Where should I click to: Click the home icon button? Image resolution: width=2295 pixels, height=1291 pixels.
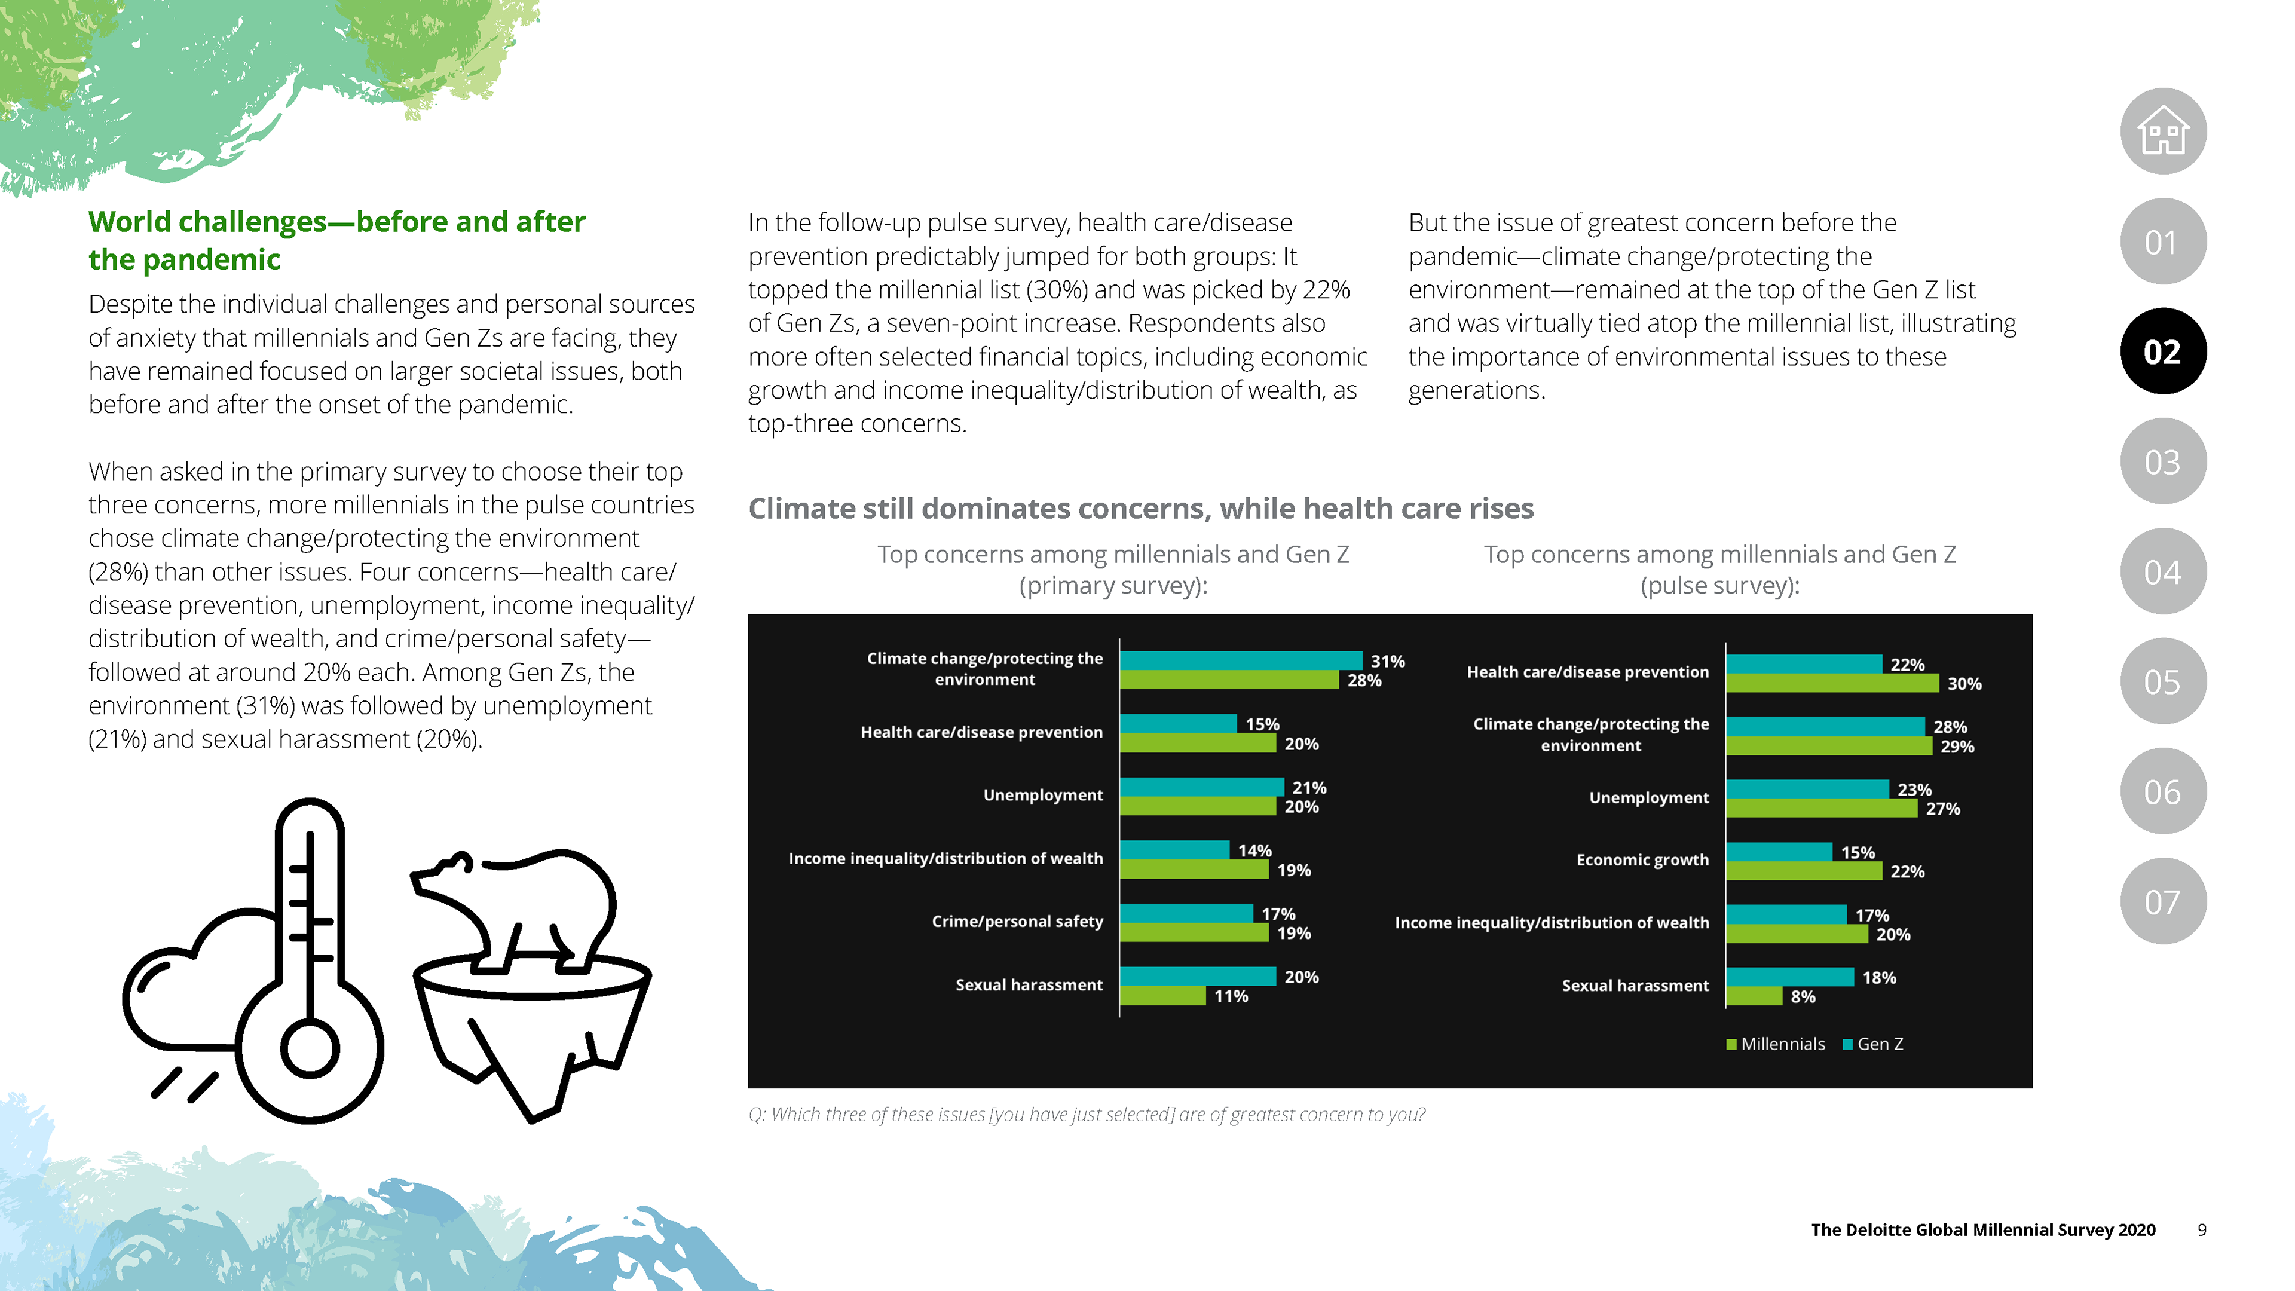click(x=2162, y=132)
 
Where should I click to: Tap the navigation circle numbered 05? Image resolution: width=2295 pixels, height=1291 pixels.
click(x=2162, y=681)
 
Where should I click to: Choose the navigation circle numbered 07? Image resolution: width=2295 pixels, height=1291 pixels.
click(x=2162, y=902)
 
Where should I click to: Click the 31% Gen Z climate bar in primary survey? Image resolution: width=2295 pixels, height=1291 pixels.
click(x=1240, y=660)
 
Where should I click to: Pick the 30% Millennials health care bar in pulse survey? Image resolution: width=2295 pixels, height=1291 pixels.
click(x=1832, y=683)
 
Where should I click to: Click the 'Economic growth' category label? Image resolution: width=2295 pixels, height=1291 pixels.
click(x=1642, y=860)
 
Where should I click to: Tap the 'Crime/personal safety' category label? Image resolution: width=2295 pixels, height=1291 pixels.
click(x=1017, y=921)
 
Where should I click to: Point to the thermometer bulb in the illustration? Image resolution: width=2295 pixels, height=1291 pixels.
click(x=309, y=1050)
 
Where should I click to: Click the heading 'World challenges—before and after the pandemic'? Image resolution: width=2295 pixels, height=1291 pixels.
click(x=336, y=240)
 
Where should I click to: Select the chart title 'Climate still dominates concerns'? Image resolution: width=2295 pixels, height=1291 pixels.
click(x=1140, y=509)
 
